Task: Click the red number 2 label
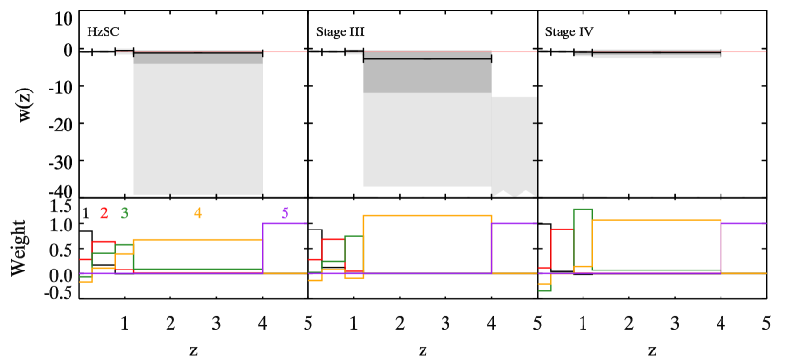tap(104, 213)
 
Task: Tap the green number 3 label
tap(124, 213)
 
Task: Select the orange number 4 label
tap(198, 213)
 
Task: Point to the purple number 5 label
tap(285, 213)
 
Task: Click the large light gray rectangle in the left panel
tap(197, 129)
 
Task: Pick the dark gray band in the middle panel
tap(426, 76)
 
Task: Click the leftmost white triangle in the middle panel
tap(387, 193)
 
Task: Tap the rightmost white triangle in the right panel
tap(755, 193)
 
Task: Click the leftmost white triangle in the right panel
tap(618, 193)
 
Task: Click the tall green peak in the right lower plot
tap(583, 210)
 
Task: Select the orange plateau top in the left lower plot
tap(197, 239)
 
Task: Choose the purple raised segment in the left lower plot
tap(284, 223)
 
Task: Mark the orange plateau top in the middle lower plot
tap(426, 215)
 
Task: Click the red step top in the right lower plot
tap(562, 229)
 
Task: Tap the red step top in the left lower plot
tap(103, 241)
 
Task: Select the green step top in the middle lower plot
tap(353, 236)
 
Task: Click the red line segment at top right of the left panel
tap(285, 52)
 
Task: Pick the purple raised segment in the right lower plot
tap(743, 223)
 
